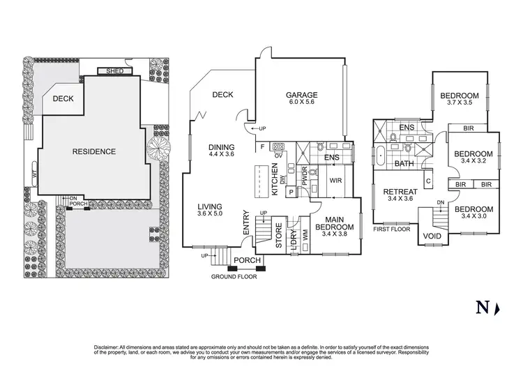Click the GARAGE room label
coord(301,96)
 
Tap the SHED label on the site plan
coord(112,71)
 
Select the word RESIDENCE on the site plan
coord(95,151)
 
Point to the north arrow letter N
coord(481,306)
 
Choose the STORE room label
coord(278,236)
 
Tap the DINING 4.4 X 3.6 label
coord(222,150)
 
